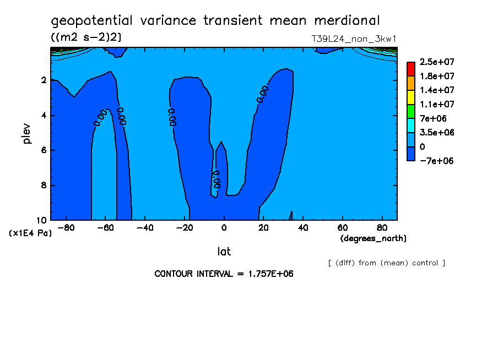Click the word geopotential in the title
(x=92, y=21)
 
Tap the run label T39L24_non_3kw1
(x=354, y=39)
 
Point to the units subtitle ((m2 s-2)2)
(x=86, y=37)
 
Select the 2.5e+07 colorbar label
(x=437, y=62)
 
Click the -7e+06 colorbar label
(x=437, y=161)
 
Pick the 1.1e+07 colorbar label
(x=437, y=105)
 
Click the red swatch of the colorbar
(x=411, y=69)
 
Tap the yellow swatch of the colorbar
(x=411, y=97)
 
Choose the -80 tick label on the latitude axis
(x=66, y=228)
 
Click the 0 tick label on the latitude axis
(x=224, y=228)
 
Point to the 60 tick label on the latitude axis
(x=343, y=228)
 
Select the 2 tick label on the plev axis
(x=44, y=80)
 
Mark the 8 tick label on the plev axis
(x=44, y=185)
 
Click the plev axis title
(x=28, y=133)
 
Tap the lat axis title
(x=224, y=252)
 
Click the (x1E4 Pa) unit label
(x=30, y=233)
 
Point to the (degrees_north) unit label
(x=373, y=238)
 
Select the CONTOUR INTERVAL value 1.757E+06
(x=270, y=274)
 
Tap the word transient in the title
(x=233, y=20)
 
